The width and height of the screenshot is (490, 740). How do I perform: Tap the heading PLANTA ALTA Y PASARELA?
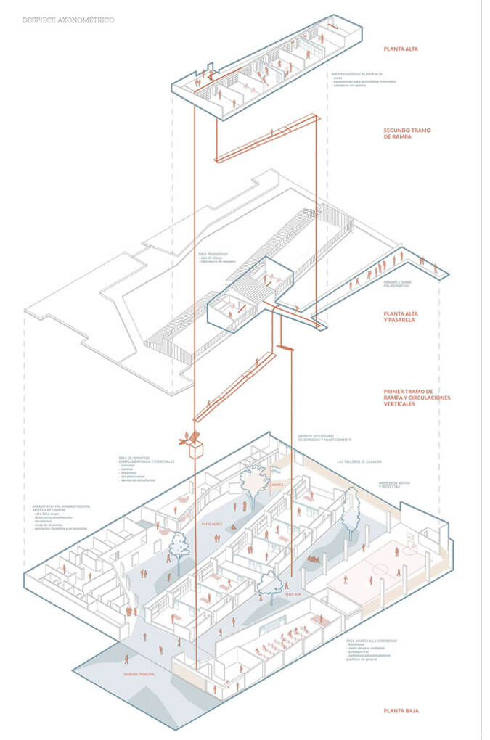click(x=407, y=317)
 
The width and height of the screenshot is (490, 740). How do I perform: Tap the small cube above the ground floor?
click(x=195, y=450)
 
